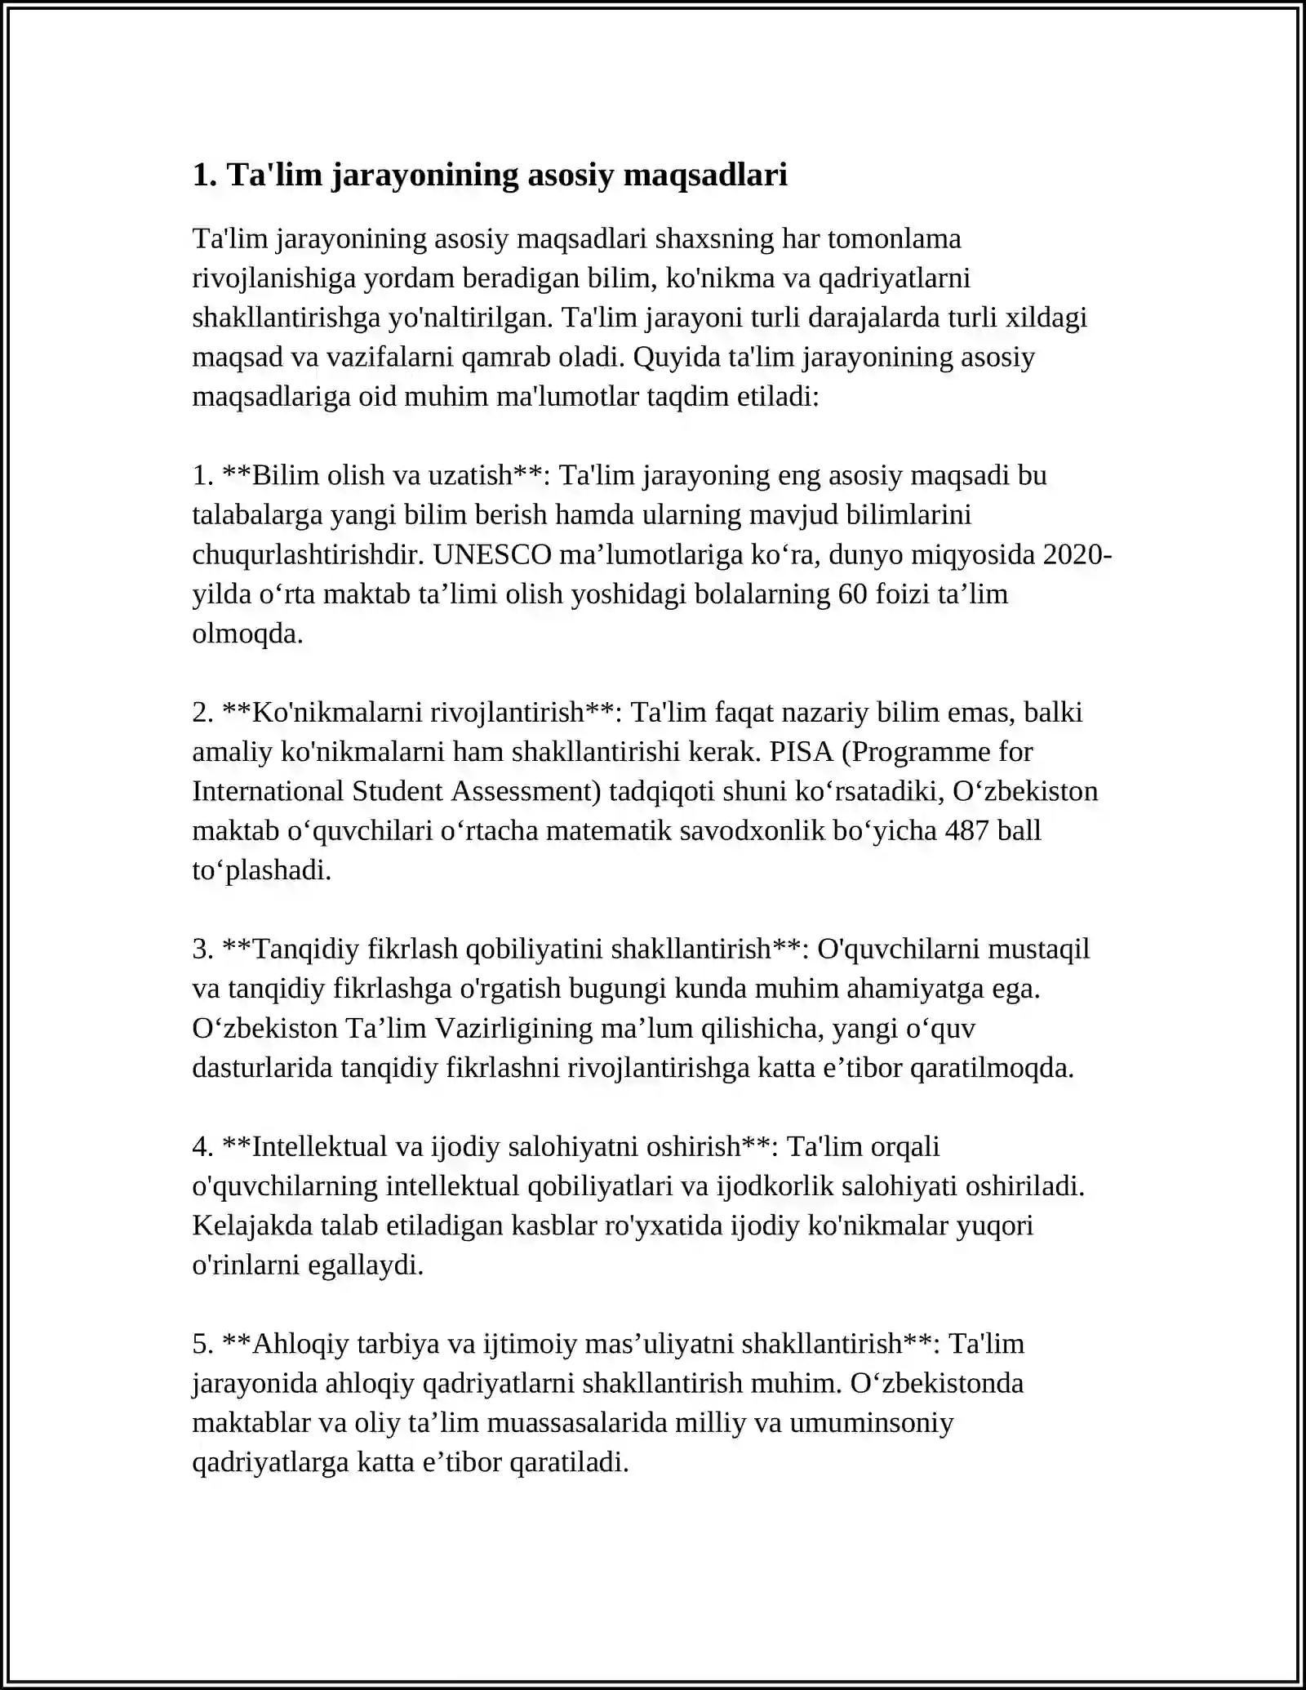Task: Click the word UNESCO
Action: click(492, 554)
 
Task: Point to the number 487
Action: click(966, 830)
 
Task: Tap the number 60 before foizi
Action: click(853, 594)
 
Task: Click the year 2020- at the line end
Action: click(1077, 554)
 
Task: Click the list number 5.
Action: click(202, 1344)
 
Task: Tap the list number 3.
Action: click(202, 949)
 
